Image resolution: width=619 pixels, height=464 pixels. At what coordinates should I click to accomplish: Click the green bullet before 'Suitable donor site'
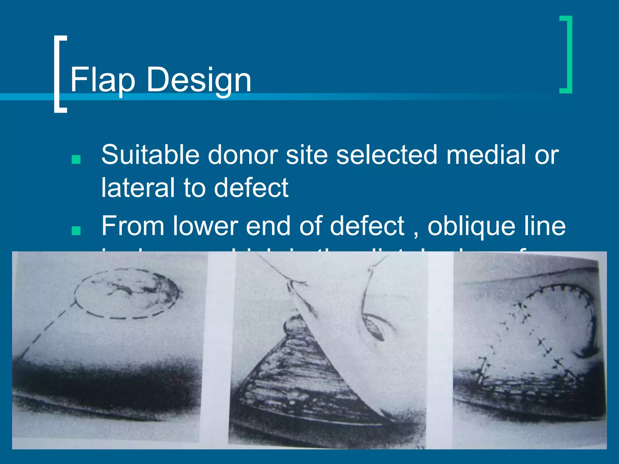pyautogui.click(x=76, y=159)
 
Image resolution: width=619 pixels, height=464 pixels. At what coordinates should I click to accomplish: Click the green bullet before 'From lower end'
pyautogui.click(x=76, y=230)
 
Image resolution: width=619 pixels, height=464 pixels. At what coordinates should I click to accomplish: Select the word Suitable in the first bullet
pyautogui.click(x=150, y=155)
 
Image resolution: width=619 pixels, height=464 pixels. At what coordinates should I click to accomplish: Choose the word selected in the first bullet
pyautogui.click(x=387, y=155)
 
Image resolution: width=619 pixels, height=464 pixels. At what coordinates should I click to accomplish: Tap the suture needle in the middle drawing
pyautogui.click(x=375, y=329)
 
